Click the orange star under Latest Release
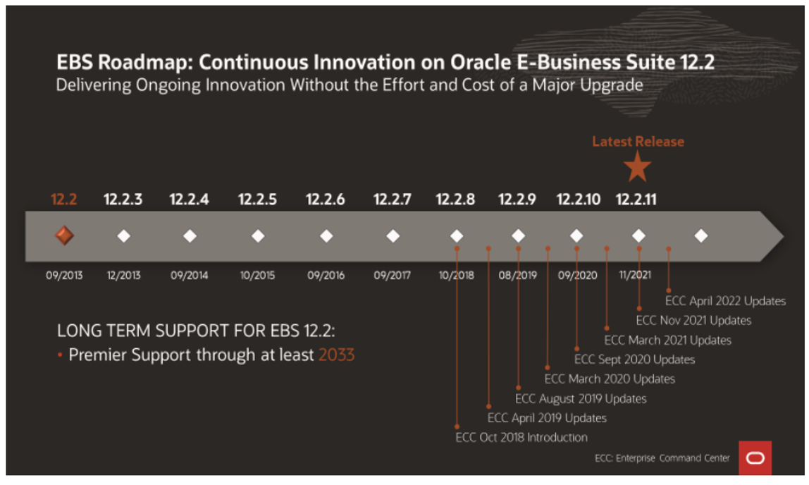click(x=638, y=168)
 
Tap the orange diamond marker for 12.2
click(x=64, y=235)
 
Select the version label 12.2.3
click(x=123, y=199)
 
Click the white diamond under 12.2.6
click(x=326, y=235)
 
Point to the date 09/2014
click(x=189, y=276)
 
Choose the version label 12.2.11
click(x=636, y=199)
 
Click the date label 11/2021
click(x=636, y=276)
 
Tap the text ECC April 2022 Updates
click(x=725, y=301)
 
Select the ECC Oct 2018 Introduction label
click(x=521, y=437)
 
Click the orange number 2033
click(x=336, y=355)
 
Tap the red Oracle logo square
click(x=755, y=458)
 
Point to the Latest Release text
click(x=638, y=142)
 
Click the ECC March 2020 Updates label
click(x=610, y=379)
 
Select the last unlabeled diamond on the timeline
click(x=700, y=235)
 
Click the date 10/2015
click(x=257, y=276)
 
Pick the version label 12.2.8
click(x=455, y=199)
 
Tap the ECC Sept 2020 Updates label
click(x=635, y=360)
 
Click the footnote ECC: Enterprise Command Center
click(x=662, y=458)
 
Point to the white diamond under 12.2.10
click(x=576, y=235)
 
